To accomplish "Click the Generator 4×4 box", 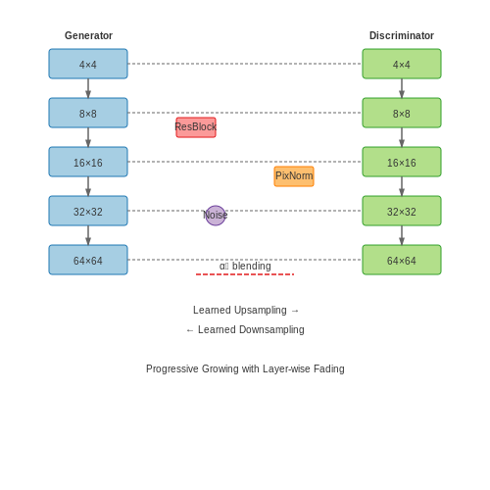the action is click(x=88, y=64).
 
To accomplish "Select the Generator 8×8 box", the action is click(x=88, y=113).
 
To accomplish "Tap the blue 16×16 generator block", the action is click(x=88, y=162).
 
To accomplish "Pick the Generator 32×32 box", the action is click(x=88, y=211).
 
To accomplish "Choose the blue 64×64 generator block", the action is click(x=88, y=260).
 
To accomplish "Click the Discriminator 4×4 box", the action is click(x=402, y=64).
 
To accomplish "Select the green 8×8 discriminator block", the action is click(x=402, y=113).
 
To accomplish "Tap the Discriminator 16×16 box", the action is click(x=402, y=162).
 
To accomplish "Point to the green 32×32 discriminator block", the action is click(x=402, y=211).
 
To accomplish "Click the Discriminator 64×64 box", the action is click(x=402, y=260).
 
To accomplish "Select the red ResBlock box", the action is click(x=196, y=127).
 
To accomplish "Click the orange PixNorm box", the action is click(x=294, y=176).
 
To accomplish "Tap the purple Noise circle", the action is click(x=216, y=216).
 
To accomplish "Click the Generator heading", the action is click(x=88, y=35).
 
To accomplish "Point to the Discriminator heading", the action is click(x=402, y=35).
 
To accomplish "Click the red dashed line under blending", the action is click(x=245, y=274).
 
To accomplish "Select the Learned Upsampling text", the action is click(x=240, y=310).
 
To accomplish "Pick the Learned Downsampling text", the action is click(x=251, y=329).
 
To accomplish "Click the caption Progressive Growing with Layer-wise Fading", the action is click(x=245, y=368).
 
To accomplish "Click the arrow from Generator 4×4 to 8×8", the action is click(x=88, y=88).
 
